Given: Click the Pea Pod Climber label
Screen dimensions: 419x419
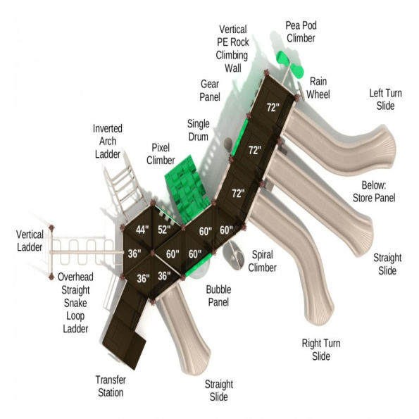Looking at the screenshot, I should (x=300, y=32).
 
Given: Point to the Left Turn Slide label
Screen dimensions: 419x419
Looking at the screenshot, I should (x=382, y=99).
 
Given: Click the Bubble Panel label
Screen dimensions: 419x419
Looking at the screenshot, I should (x=223, y=296).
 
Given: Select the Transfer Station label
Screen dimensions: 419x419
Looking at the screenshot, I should (x=111, y=386).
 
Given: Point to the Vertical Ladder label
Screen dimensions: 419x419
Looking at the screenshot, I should (x=31, y=241).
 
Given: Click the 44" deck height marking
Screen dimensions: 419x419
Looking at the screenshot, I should (x=144, y=230).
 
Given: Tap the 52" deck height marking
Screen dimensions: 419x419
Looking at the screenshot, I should (x=164, y=230).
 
